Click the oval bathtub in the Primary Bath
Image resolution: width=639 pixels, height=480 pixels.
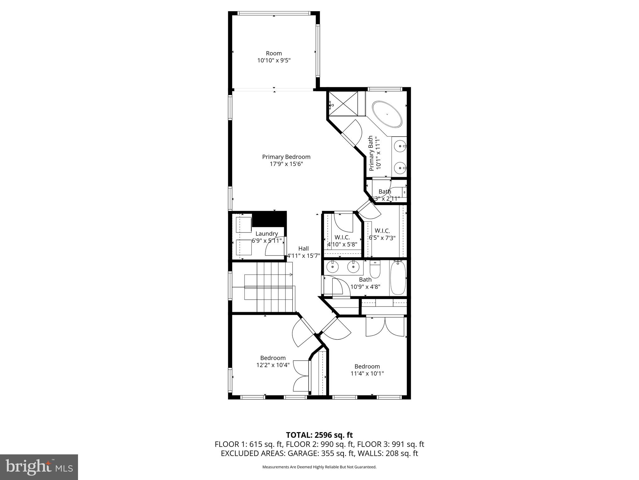[x=387, y=114]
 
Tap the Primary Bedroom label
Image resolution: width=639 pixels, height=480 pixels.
[x=286, y=157]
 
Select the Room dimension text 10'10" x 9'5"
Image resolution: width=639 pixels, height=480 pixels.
[x=274, y=60]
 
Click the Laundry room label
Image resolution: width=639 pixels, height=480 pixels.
[x=266, y=234]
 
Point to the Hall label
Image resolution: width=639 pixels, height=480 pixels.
[x=303, y=248]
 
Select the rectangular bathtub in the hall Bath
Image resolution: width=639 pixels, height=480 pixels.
[x=398, y=278]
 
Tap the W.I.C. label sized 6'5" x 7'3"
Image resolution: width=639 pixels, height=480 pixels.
[x=382, y=231]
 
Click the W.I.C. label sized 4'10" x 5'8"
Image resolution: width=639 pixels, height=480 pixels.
[x=342, y=237]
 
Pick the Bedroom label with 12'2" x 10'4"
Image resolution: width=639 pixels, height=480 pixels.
[x=273, y=358]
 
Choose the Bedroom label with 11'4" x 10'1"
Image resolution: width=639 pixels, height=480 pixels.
[x=367, y=366]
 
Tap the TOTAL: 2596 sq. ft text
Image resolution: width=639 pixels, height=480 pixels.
[x=319, y=435]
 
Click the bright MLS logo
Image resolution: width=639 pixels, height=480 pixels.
[x=39, y=467]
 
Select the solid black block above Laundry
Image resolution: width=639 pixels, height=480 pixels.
[x=269, y=218]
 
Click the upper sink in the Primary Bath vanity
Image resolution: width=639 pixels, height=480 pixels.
[x=400, y=146]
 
